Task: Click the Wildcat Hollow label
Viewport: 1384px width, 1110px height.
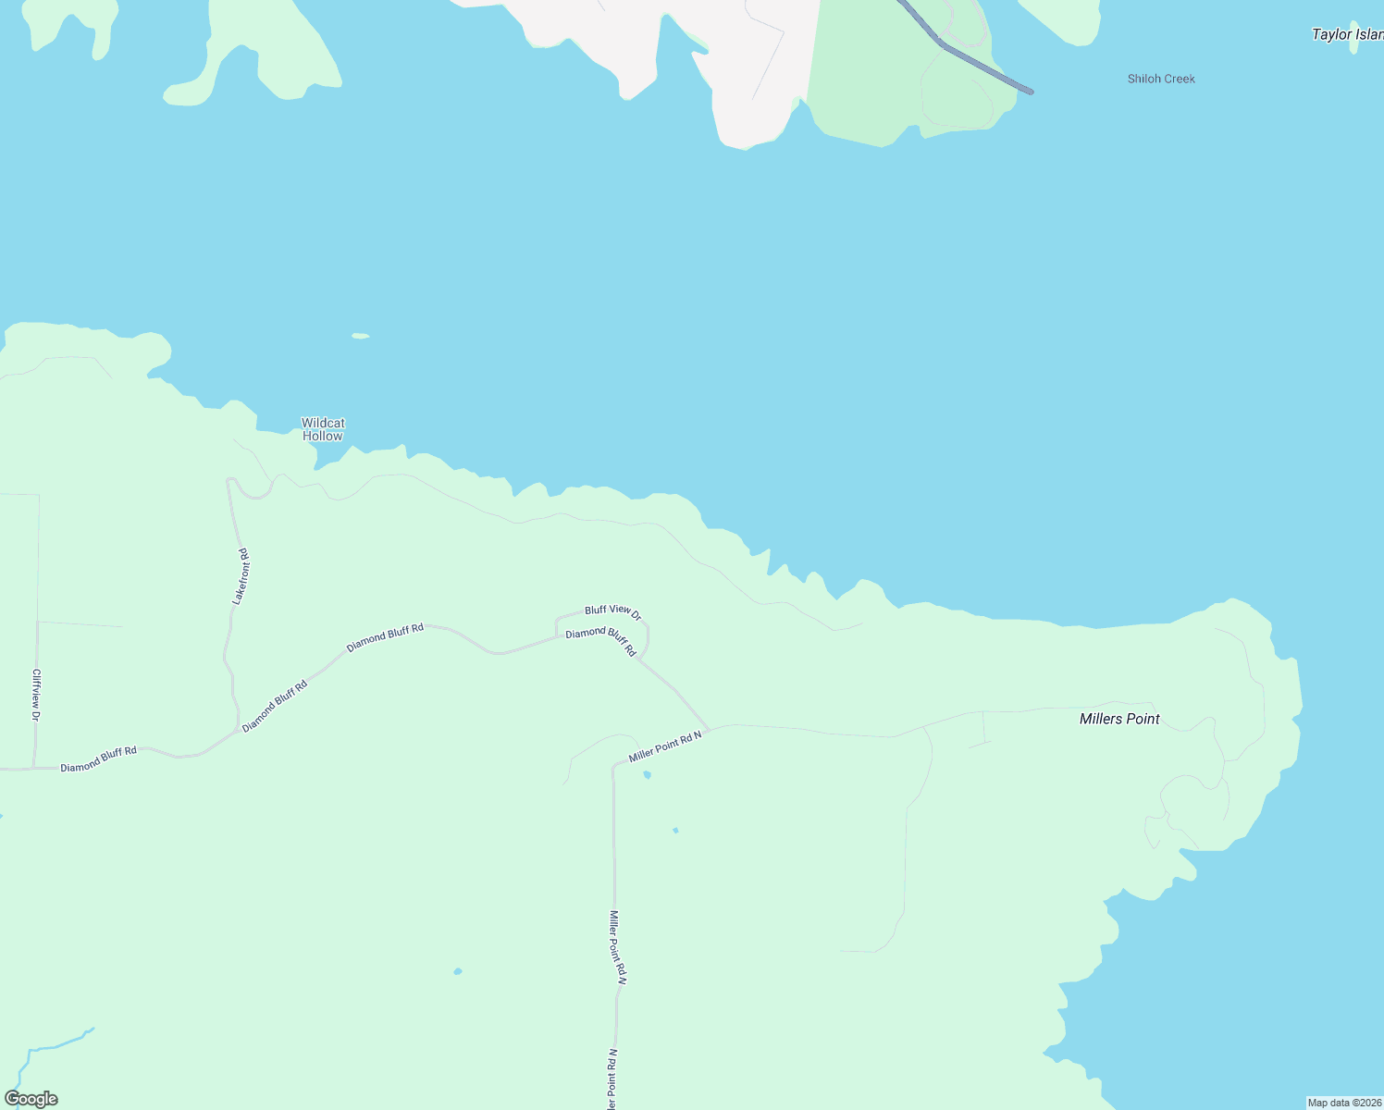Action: [322, 429]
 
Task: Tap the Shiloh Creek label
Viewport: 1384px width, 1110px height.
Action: [1161, 79]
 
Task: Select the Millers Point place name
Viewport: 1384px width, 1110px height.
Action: [1119, 719]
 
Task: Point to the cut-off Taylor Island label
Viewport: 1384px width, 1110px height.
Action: [1347, 34]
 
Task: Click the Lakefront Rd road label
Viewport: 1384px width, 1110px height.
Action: [241, 576]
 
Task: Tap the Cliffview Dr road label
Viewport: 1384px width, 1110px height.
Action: [36, 695]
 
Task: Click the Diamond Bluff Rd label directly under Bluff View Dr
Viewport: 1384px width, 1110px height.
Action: [601, 641]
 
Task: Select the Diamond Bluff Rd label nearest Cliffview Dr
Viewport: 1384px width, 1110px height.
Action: [98, 759]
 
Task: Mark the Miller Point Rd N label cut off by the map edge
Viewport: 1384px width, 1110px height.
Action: [612, 1080]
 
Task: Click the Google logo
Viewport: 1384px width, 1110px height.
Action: [31, 1099]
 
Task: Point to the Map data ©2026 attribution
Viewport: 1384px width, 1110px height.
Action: [1344, 1103]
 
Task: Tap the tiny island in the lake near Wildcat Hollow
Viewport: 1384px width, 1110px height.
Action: [361, 336]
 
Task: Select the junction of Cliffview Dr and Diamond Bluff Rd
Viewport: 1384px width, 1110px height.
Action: [34, 768]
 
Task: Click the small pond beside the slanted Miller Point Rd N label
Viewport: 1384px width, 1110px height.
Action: [647, 774]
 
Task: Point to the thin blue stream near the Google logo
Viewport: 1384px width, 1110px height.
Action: [56, 1045]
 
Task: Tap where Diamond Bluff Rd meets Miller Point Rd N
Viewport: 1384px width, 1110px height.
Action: [710, 731]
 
